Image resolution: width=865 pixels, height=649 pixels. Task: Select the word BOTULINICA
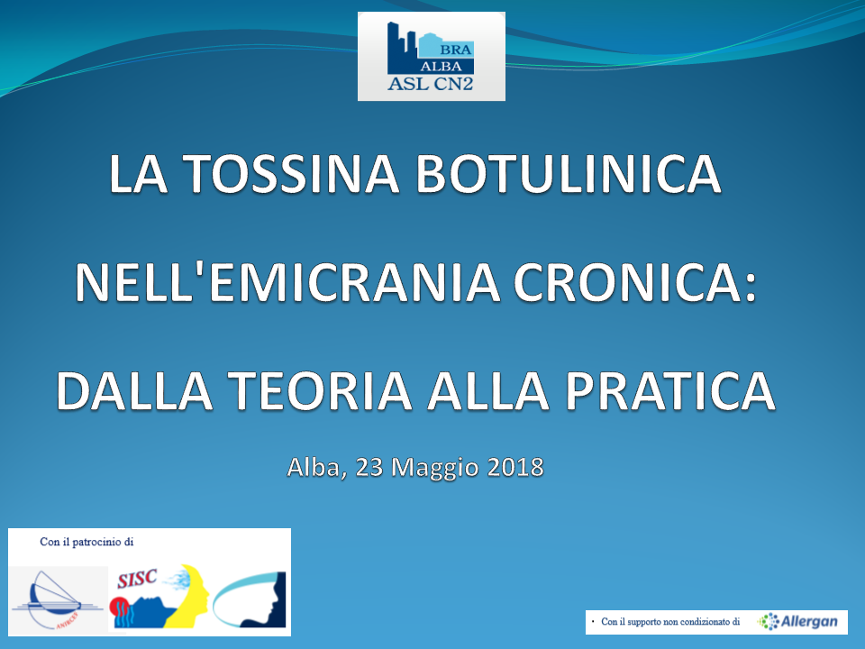click(569, 173)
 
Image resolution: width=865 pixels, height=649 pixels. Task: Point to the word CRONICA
click(635, 282)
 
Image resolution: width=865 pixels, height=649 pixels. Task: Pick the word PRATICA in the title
click(670, 390)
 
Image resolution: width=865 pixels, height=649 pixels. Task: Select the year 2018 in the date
click(515, 467)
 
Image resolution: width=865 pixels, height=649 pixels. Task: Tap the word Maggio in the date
click(435, 469)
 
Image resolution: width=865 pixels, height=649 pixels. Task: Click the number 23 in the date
click(369, 467)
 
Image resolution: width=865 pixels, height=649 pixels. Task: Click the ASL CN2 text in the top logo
click(431, 83)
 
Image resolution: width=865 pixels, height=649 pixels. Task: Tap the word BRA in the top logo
click(456, 50)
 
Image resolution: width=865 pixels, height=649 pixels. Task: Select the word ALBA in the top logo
click(442, 66)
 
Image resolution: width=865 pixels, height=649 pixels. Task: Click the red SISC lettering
click(137, 579)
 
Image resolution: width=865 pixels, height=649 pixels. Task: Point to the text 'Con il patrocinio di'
click(86, 542)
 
